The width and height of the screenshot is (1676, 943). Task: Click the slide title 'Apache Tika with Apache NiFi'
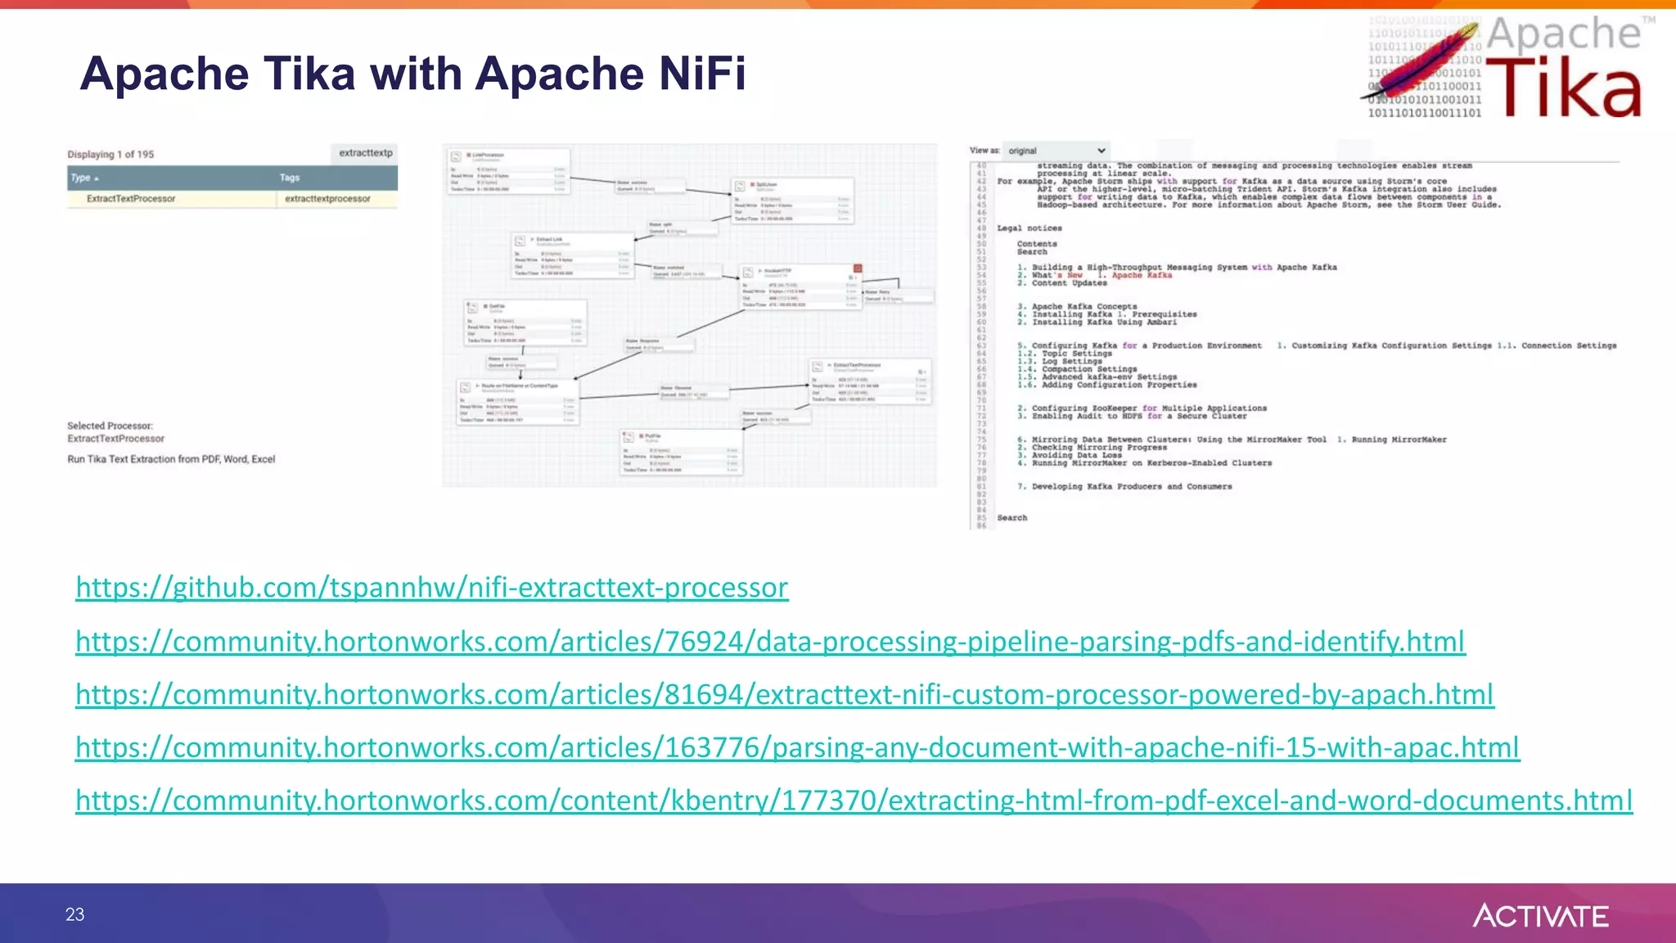[412, 74]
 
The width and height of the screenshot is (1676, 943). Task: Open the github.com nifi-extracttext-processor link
[431, 587]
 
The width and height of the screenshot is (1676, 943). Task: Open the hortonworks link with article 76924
[769, 641]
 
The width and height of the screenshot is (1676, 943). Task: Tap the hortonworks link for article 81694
[784, 694]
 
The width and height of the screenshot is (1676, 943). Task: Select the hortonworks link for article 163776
[797, 747]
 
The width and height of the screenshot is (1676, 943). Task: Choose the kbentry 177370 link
[854, 800]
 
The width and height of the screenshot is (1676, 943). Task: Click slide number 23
[74, 914]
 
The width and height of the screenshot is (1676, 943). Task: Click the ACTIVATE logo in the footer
[1540, 915]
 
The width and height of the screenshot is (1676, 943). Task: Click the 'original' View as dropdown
[1056, 151]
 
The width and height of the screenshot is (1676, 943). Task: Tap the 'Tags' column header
[290, 178]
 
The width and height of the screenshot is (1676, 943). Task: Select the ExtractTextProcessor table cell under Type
[131, 199]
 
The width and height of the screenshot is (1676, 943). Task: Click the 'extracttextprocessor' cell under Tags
[327, 199]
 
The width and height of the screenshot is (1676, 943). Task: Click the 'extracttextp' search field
[365, 153]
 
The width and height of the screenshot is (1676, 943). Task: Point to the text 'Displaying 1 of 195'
[110, 154]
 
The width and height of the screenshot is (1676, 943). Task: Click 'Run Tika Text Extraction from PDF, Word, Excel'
[171, 459]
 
